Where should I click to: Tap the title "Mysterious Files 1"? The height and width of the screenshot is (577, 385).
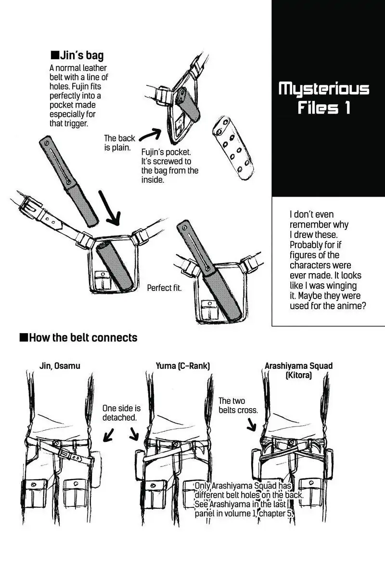click(324, 99)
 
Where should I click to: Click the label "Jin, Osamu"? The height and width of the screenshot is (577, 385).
click(60, 366)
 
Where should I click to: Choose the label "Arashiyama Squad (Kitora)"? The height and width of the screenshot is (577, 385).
click(298, 370)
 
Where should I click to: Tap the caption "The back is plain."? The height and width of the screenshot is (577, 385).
click(120, 143)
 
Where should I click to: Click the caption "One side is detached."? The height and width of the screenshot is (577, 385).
click(121, 413)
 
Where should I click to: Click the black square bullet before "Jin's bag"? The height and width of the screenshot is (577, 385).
click(54, 55)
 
